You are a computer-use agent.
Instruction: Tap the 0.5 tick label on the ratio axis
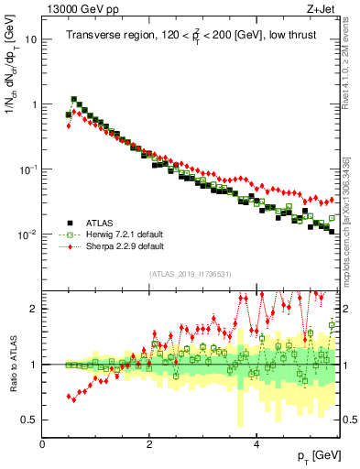(x=30, y=420)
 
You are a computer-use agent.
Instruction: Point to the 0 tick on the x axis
(x=42, y=442)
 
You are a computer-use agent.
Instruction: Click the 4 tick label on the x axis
(x=256, y=442)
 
